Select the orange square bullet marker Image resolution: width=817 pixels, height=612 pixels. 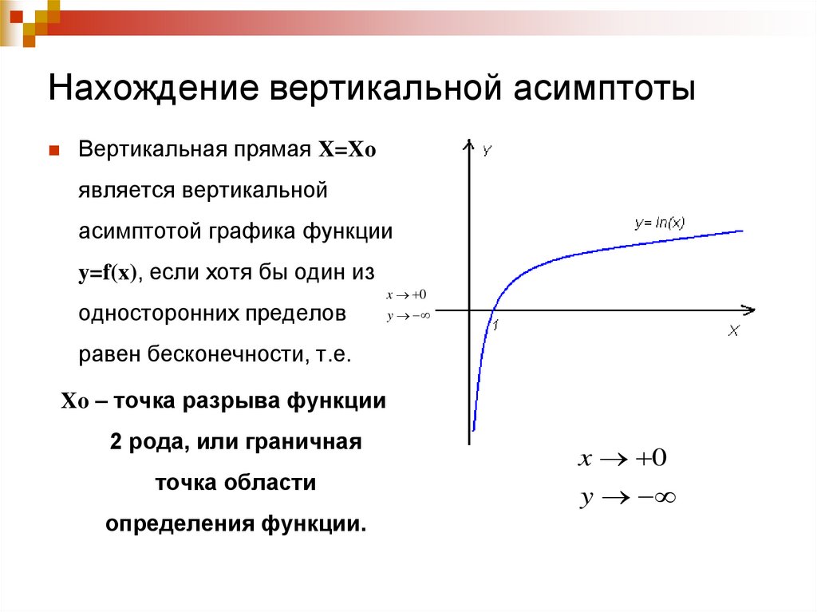[x=55, y=150]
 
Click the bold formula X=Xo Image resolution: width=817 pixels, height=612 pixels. [x=347, y=151]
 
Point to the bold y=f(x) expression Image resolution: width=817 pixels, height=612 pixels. [x=109, y=272]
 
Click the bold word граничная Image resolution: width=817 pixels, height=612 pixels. [x=304, y=442]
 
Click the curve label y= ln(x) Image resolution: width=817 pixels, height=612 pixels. [x=659, y=223]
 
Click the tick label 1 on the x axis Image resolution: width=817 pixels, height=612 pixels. [x=495, y=325]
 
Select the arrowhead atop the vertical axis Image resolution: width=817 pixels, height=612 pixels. [x=467, y=144]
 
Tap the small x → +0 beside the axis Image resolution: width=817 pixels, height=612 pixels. [x=406, y=295]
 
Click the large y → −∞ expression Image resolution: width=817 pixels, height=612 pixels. [x=627, y=499]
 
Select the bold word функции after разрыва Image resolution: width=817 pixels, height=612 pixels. [x=330, y=401]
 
